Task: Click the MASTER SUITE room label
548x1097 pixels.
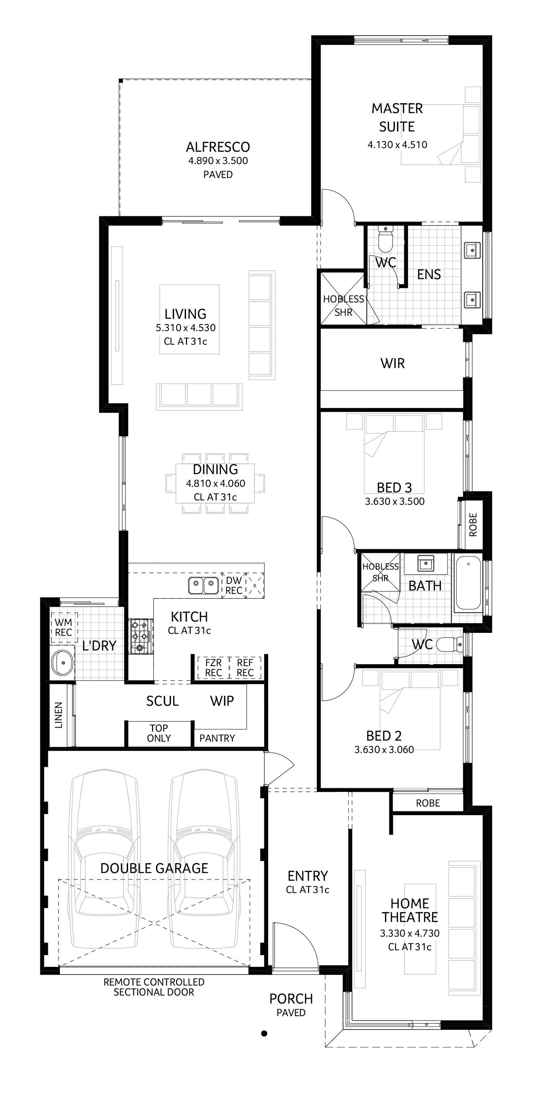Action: [397, 117]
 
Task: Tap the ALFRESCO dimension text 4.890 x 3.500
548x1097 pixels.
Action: [218, 161]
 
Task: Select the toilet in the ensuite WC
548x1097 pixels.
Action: [386, 239]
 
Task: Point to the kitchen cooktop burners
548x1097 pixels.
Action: [141, 636]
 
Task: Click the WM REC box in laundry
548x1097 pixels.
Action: [63, 627]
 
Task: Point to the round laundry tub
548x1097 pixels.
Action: [63, 663]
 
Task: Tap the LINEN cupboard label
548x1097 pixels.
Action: [59, 715]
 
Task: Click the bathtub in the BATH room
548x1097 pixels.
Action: [469, 583]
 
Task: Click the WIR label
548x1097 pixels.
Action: [392, 363]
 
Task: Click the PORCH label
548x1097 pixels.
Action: [291, 999]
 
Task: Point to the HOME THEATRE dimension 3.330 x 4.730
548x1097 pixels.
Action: [410, 933]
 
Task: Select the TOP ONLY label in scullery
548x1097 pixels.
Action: [159, 733]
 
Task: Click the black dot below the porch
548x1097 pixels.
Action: [264, 1033]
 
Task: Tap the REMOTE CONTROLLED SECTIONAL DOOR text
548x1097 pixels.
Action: [154, 987]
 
